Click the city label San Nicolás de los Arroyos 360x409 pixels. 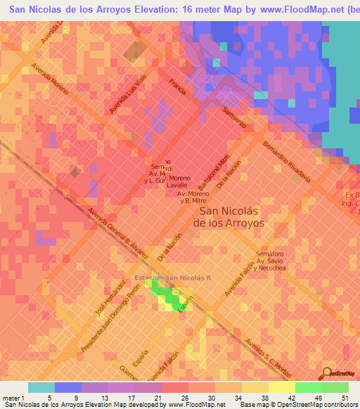coord(232,216)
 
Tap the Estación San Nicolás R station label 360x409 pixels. coord(184,277)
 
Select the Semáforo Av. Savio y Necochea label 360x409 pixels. coord(271,261)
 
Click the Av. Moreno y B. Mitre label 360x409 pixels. coord(194,197)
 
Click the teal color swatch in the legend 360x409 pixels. coord(41,387)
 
